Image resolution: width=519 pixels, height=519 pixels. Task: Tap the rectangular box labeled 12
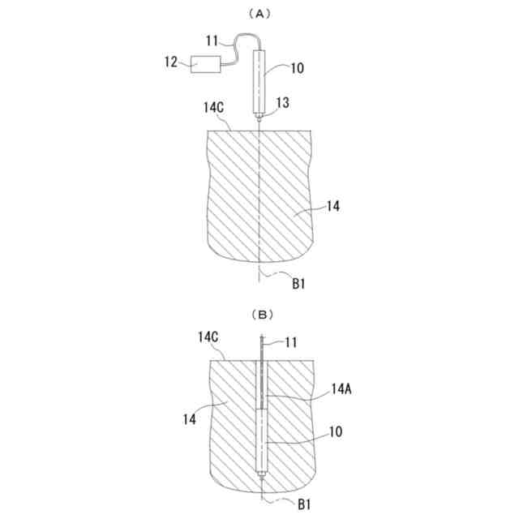pos(207,64)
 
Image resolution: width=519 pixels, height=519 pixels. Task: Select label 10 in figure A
pos(297,69)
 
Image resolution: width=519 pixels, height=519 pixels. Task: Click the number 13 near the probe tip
pos(283,103)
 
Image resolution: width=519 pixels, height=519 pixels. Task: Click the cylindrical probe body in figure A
pos(260,81)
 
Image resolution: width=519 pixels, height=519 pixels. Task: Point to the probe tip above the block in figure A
pos(259,119)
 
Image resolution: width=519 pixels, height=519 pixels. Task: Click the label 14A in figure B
pos(341,390)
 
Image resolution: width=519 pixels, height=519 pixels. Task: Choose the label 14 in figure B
pos(188,418)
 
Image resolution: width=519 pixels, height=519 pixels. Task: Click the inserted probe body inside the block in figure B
pos(260,442)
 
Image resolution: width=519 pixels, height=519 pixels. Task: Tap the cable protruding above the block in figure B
pos(261,349)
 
